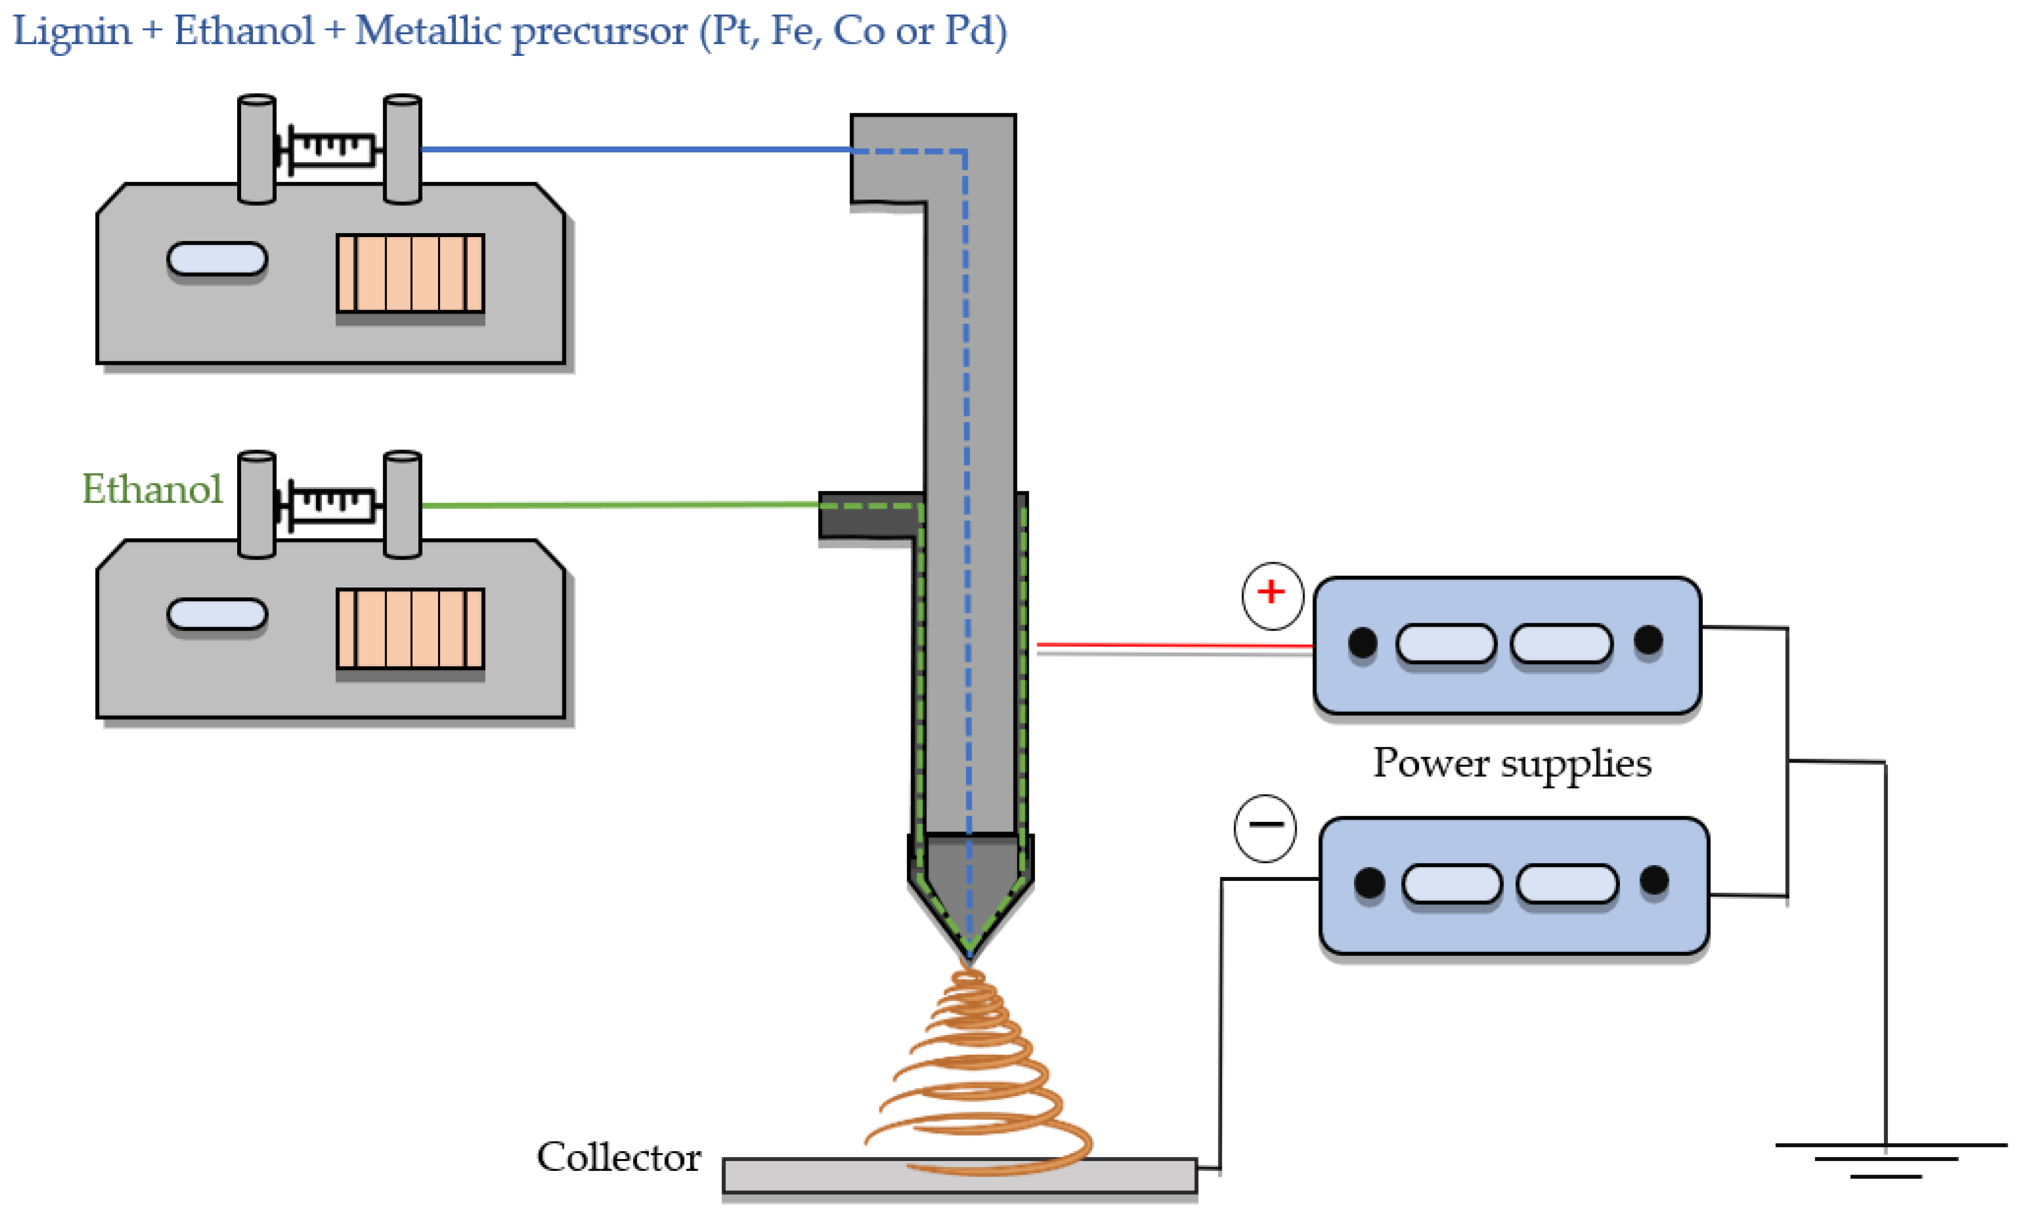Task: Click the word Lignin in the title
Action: point(72,31)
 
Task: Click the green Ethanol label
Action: point(152,489)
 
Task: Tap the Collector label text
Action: point(618,1157)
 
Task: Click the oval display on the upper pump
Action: point(217,259)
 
